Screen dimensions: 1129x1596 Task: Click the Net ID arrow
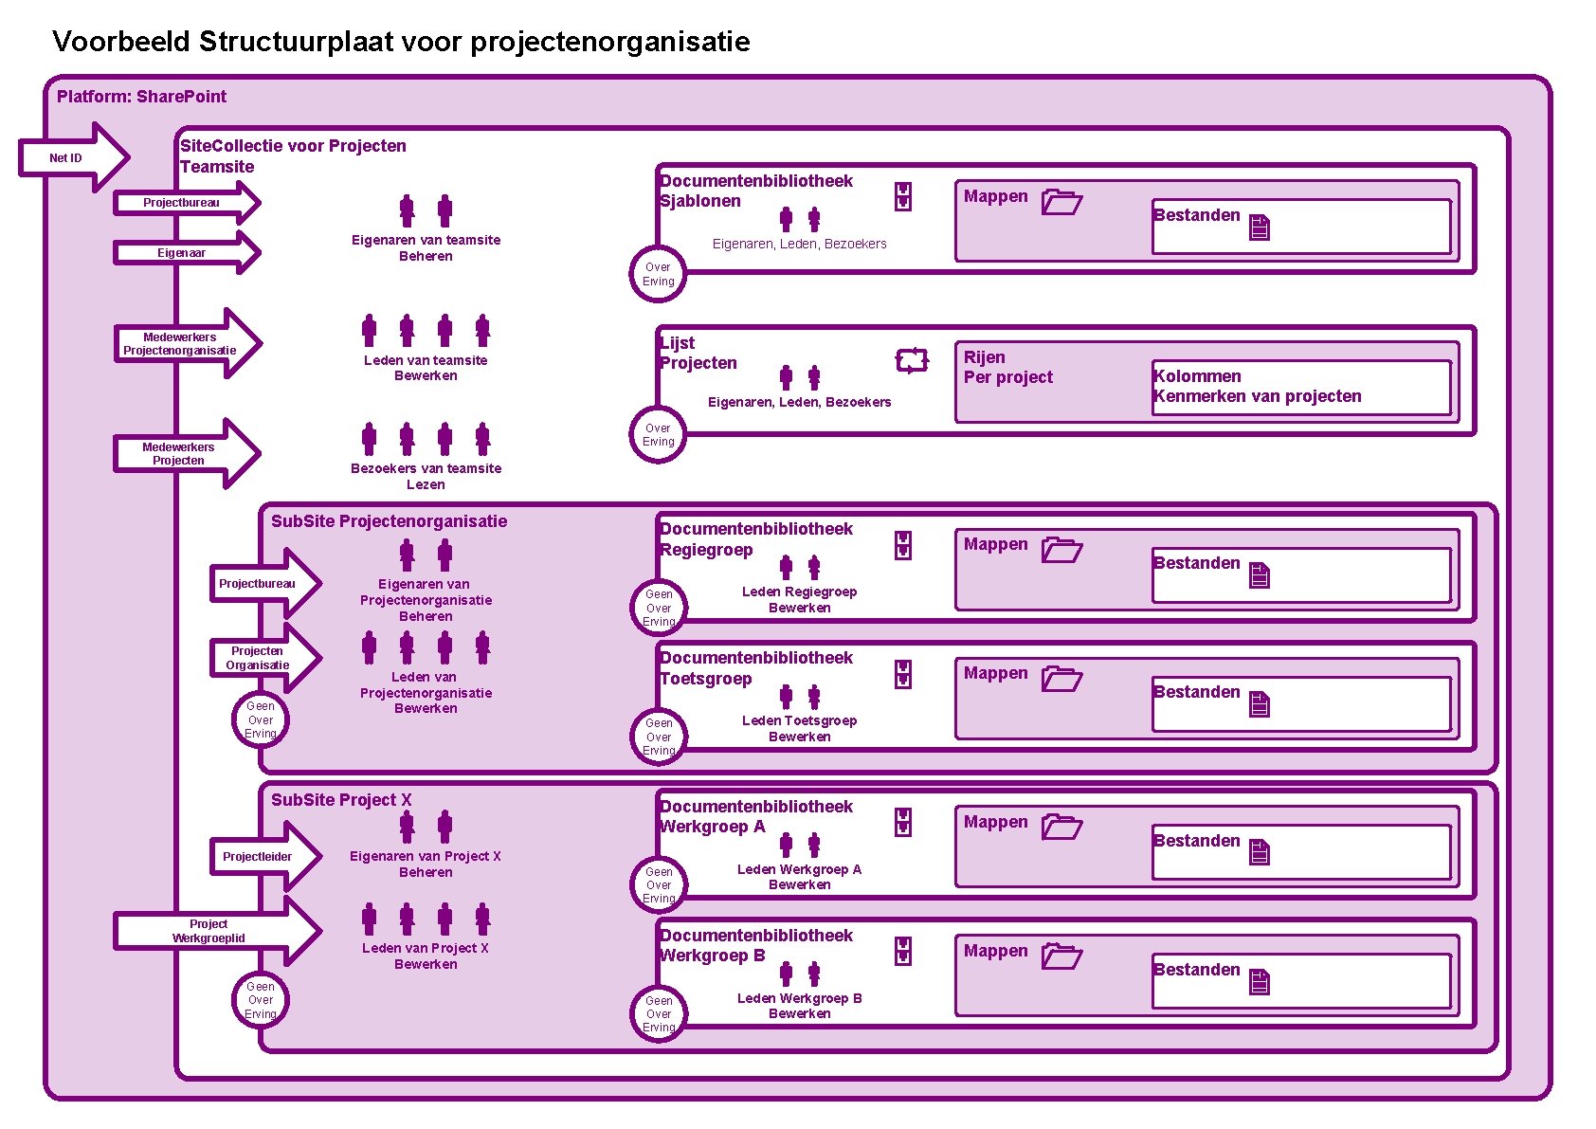71,157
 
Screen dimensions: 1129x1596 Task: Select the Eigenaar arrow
185,253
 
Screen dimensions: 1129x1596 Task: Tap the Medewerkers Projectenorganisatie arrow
185,343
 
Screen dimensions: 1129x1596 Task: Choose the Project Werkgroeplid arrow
213,931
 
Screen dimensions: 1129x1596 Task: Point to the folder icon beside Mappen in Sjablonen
1061,202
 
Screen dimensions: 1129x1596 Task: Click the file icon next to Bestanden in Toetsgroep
1259,704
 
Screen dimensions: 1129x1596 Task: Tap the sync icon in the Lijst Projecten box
912,360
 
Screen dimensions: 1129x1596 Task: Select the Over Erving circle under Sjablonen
658,275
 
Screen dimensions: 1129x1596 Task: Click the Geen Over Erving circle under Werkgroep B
659,1013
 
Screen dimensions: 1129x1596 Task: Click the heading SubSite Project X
341,800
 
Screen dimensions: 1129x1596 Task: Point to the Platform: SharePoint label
142,97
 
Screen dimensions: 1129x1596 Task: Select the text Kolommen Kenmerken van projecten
1257,386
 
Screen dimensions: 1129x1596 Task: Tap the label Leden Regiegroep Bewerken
799,599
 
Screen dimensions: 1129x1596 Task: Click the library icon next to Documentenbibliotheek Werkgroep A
903,822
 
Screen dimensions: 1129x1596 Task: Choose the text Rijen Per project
1007,367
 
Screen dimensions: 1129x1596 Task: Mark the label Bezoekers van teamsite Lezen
426,476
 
